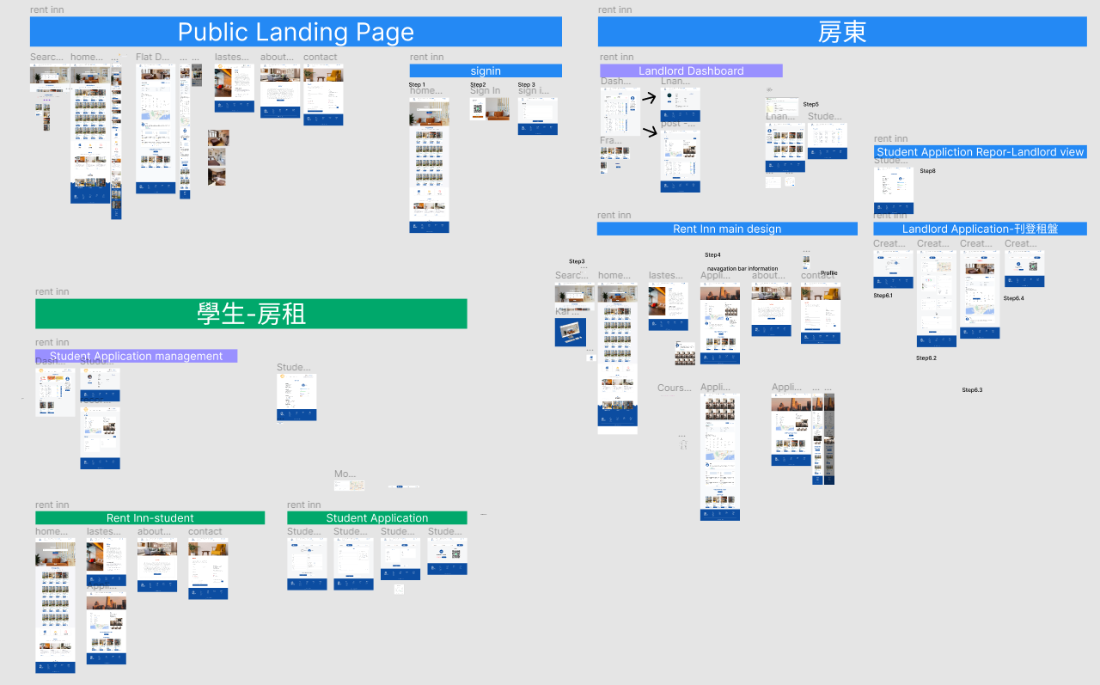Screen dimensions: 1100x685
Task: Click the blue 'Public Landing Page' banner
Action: click(x=296, y=33)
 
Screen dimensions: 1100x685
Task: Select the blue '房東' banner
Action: click(x=842, y=33)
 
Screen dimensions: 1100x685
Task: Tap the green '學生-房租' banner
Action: click(x=251, y=314)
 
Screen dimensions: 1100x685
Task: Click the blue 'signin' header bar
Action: click(x=486, y=70)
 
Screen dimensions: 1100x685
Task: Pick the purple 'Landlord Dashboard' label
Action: click(x=691, y=70)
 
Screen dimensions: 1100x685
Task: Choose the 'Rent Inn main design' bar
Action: click(x=727, y=229)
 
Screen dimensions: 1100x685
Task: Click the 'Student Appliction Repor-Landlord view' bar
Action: click(x=981, y=152)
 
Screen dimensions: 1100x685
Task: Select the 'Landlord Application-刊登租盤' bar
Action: click(x=980, y=229)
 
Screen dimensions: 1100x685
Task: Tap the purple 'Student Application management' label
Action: click(x=136, y=356)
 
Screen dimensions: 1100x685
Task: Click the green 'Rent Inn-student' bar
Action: click(x=150, y=517)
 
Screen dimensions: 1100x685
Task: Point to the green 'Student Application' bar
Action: click(x=377, y=517)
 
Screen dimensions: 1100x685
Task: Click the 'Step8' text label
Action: click(x=927, y=171)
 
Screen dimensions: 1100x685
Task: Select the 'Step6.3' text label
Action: click(x=972, y=390)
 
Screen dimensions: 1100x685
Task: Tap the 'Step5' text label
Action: click(x=810, y=105)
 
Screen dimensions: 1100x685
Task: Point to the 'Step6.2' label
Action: click(x=926, y=358)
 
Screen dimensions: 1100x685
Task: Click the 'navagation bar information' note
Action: click(x=742, y=269)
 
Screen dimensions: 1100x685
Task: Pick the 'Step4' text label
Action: click(x=712, y=255)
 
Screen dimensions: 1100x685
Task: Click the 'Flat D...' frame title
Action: click(x=152, y=58)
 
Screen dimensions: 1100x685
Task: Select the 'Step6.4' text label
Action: click(x=1013, y=298)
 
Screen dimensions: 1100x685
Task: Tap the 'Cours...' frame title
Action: click(x=674, y=388)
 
